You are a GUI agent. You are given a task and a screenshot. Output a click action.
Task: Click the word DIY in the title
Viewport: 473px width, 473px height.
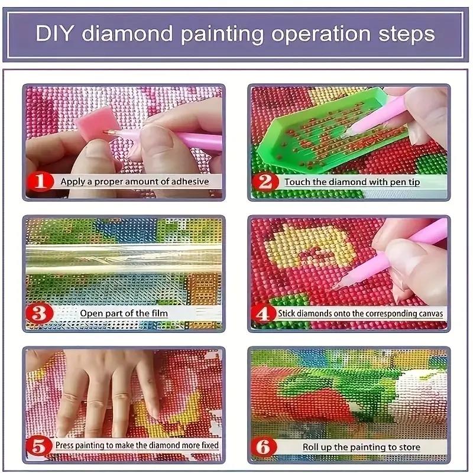pos(56,33)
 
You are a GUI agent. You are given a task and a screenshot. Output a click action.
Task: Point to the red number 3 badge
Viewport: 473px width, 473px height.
pos(40,313)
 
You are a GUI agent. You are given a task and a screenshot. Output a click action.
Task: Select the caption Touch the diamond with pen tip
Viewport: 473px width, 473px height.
pos(352,182)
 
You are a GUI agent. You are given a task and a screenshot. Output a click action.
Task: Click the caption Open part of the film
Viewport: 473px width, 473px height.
pos(124,313)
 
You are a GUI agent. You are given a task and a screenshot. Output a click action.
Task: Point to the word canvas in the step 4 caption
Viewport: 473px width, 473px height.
pos(429,313)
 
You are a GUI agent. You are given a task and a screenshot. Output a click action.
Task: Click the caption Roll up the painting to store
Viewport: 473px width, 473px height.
pos(361,448)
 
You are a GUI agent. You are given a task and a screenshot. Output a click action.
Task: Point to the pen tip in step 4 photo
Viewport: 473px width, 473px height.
pos(336,286)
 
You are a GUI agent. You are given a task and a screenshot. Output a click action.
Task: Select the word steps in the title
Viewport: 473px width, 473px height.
pos(407,33)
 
